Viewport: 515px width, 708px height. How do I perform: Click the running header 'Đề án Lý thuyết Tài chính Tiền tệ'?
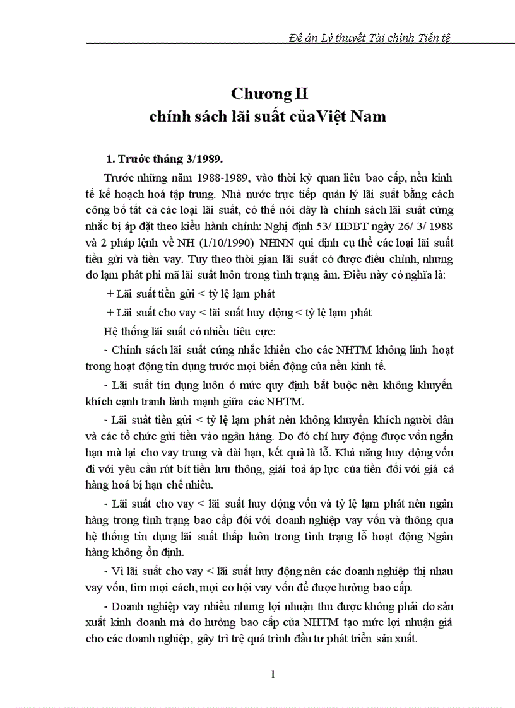[x=369, y=37]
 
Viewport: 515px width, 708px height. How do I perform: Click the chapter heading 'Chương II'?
[x=269, y=95]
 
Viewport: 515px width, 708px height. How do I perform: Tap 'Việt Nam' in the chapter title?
[x=355, y=117]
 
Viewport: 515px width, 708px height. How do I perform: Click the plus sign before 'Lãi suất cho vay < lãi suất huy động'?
[x=111, y=313]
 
